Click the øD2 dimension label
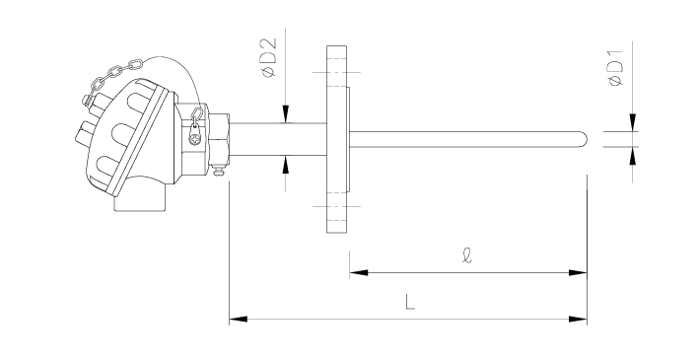(x=269, y=58)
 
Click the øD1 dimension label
(x=615, y=68)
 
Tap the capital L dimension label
(x=410, y=302)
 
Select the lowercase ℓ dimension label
(x=466, y=255)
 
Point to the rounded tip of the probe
(x=584, y=139)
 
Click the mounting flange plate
(x=337, y=139)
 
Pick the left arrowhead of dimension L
(x=239, y=319)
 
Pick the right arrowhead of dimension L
(x=578, y=319)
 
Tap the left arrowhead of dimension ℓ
(x=359, y=272)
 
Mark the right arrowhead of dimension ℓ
(x=578, y=272)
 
